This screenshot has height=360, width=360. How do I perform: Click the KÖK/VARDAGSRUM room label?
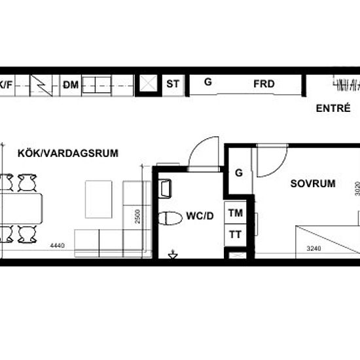point(68,153)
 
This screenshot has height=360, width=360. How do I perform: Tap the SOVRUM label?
point(313,183)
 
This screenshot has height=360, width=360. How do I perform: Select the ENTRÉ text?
point(333,108)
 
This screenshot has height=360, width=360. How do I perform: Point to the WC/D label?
point(200,216)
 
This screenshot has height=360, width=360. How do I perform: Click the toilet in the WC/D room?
point(170,218)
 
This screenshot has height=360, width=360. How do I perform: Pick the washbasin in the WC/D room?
point(165,189)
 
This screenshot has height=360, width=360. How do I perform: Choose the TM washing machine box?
point(236,213)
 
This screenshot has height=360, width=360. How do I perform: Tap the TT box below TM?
point(236,235)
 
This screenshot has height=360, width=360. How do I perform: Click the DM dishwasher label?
point(71,85)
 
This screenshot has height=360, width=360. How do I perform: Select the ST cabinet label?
point(173,84)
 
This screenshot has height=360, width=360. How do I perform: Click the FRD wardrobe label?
point(264,84)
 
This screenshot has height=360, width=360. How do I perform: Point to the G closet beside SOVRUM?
point(239,173)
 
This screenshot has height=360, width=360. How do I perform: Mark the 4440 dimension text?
point(58,245)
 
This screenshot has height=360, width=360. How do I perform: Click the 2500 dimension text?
point(137,216)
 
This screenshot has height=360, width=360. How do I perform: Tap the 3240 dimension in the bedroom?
point(314,248)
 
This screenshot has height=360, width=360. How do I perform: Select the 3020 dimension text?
point(357,189)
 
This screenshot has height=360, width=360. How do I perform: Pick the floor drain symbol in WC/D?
point(173,255)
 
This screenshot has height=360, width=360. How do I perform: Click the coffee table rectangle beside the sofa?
point(99,199)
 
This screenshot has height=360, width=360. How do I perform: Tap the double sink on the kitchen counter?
point(97,84)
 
